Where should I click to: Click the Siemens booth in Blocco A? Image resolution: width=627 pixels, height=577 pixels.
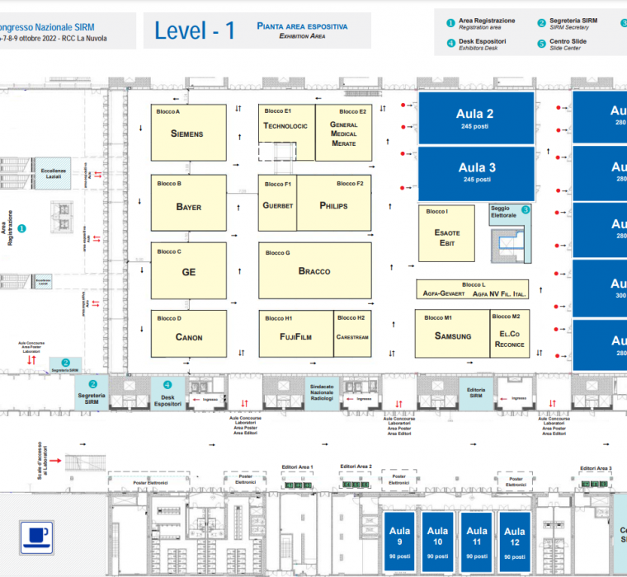(188, 133)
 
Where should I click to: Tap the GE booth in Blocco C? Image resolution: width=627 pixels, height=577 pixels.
(188, 270)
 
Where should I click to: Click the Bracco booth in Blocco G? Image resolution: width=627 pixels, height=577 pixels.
(314, 270)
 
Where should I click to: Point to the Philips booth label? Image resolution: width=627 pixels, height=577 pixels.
(333, 205)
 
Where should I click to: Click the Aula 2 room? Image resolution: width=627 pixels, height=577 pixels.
(476, 119)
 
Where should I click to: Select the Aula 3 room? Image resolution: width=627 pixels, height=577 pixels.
(476, 172)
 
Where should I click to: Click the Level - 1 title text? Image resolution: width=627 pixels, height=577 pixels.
(195, 31)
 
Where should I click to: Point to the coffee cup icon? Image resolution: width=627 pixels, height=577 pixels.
(37, 536)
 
